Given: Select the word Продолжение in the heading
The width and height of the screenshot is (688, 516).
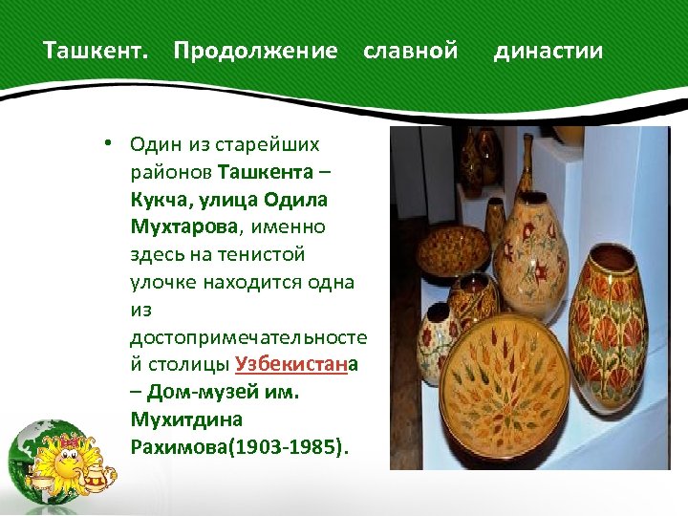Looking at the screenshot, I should (x=255, y=51).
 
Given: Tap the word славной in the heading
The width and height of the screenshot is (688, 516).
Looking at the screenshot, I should (x=411, y=51).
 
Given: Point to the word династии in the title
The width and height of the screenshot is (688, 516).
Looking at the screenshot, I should (x=548, y=51).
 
